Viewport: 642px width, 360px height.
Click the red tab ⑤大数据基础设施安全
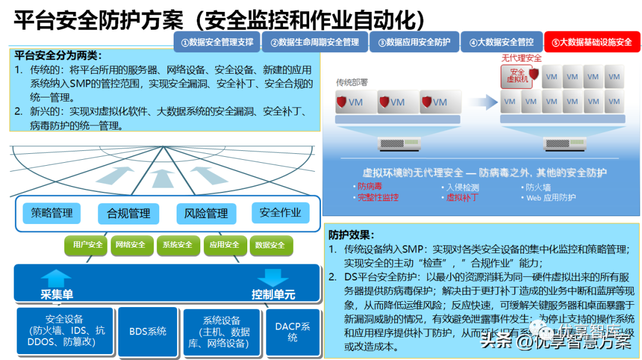[591, 43]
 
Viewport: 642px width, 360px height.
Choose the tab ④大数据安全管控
[501, 43]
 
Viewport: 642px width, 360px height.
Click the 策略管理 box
[52, 213]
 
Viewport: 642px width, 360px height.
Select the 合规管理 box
[128, 213]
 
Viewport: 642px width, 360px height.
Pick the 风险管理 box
[206, 213]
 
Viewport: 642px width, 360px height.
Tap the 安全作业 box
[280, 213]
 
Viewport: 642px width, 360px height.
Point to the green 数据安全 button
[270, 245]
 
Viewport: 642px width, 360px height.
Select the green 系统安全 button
[178, 245]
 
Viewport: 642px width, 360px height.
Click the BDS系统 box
[148, 331]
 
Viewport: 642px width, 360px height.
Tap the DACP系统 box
[292, 331]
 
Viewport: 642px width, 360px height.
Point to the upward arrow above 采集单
[56, 278]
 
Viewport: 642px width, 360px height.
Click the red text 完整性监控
[378, 197]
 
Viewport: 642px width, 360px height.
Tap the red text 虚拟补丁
[462, 197]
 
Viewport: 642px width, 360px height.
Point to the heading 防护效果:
[352, 235]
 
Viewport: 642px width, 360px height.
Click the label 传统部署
[352, 83]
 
